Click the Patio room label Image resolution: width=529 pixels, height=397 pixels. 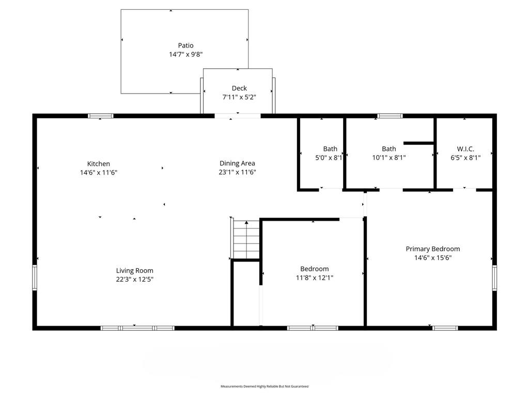coord(185,45)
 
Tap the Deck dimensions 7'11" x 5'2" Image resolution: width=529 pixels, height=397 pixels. coord(239,97)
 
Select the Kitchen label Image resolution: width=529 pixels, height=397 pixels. coord(99,164)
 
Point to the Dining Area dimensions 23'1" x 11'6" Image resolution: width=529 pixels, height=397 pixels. coord(237,172)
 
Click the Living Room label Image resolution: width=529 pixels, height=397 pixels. coord(135,270)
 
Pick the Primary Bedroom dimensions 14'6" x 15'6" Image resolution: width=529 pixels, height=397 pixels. coord(433,258)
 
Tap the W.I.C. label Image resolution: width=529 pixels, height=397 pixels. coord(465,149)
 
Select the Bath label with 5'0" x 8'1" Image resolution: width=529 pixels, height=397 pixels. coord(330,149)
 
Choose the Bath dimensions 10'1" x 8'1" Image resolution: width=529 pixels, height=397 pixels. coord(389,158)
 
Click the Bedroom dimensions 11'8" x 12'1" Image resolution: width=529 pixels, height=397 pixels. coord(315,278)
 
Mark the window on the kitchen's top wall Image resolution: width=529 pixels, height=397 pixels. coord(101,116)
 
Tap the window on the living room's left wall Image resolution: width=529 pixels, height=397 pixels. coord(35,278)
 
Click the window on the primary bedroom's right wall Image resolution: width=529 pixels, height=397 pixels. coord(494,278)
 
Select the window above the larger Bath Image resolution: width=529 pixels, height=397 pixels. coord(390,116)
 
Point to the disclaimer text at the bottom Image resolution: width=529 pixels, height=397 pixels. coord(264,386)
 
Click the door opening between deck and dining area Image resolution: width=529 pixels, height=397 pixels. coord(238,116)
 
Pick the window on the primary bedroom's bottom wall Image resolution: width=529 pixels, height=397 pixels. coord(445,328)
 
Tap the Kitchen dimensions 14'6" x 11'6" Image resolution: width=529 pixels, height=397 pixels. coord(99,173)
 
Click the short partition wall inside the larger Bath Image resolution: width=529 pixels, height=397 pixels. coord(418,143)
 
